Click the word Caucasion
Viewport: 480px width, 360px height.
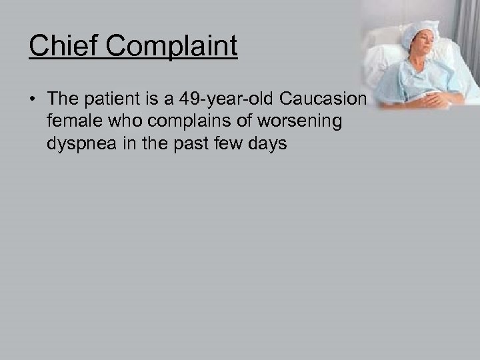click(323, 101)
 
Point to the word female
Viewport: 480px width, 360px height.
click(69, 122)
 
